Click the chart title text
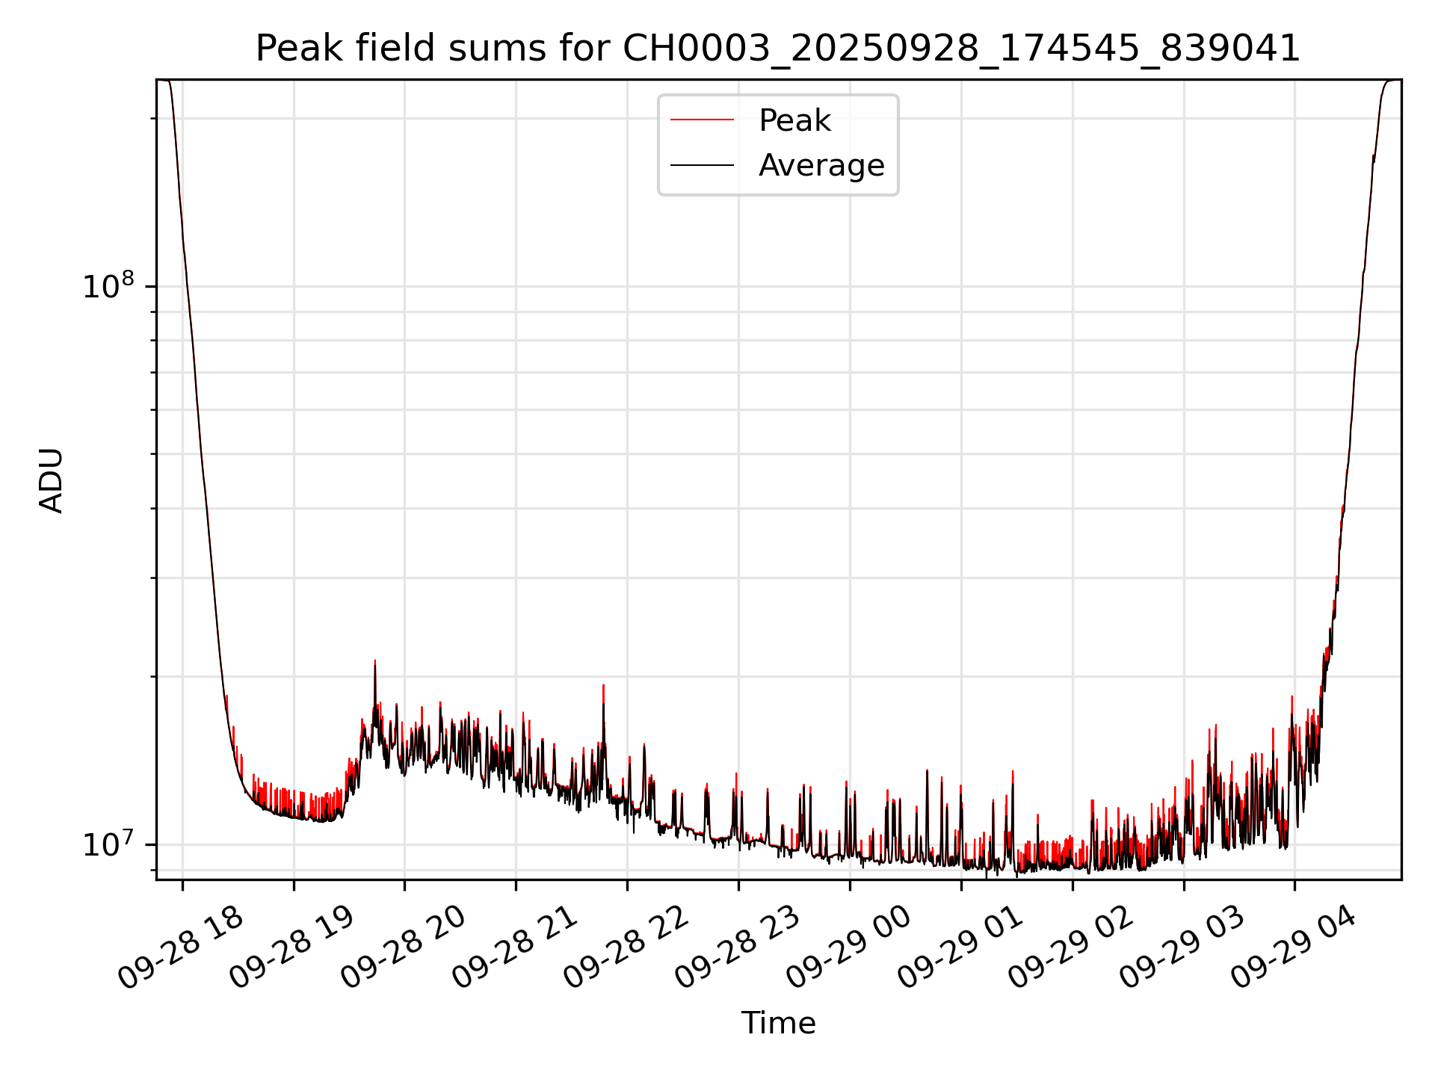click(x=777, y=49)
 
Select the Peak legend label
click(x=794, y=120)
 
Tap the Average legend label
click(x=821, y=165)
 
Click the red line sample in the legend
click(x=702, y=120)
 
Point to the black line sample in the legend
click(x=702, y=165)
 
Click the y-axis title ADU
click(x=52, y=480)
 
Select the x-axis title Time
click(x=778, y=1023)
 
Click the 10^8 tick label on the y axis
click(x=108, y=286)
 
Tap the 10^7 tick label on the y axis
click(x=108, y=844)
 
